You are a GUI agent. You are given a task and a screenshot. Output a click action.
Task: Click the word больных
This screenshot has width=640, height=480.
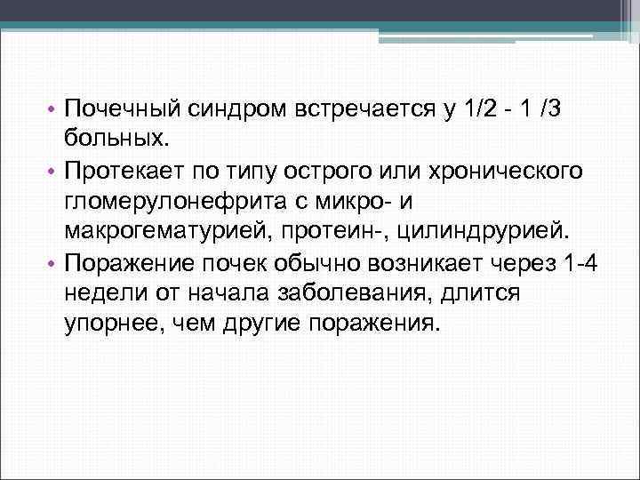[x=115, y=139]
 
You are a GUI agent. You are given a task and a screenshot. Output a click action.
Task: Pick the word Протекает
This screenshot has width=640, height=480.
[x=125, y=170]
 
